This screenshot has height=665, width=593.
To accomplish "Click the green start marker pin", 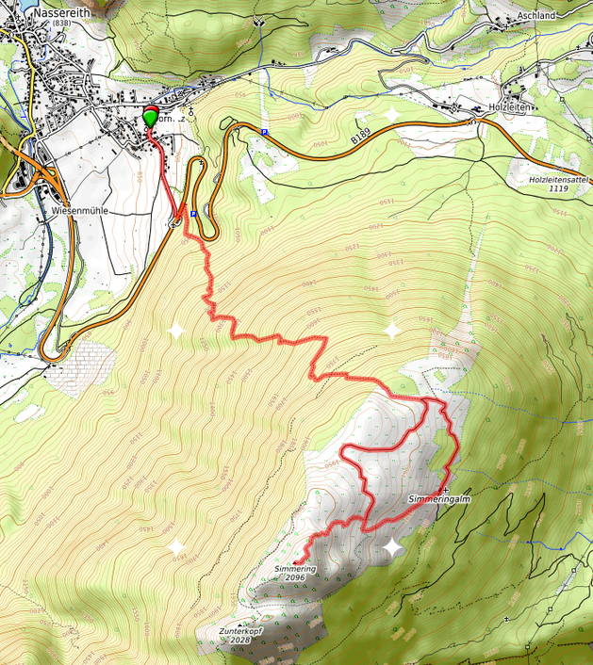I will [150, 118].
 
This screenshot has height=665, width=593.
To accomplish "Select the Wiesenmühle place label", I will [81, 212].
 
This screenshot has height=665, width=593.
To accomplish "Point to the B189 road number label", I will [361, 138].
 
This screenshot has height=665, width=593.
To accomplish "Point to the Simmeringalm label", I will [439, 498].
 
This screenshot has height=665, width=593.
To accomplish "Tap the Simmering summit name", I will [295, 569].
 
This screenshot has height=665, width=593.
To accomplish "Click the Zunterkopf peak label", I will [239, 631].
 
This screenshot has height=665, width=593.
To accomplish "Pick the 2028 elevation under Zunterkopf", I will [239, 641].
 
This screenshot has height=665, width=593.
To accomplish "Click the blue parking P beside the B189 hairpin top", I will [264, 132].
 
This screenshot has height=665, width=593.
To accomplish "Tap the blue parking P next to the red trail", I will [193, 214].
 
